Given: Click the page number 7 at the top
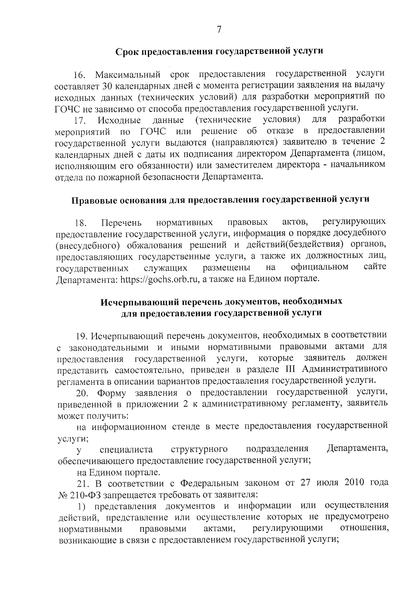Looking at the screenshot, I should click(219, 30).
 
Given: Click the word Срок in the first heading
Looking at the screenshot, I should click(127, 52).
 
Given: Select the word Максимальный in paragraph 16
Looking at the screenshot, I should click(128, 75).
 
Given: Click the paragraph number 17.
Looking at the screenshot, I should click(79, 121).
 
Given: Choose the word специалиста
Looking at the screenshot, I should click(126, 449).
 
